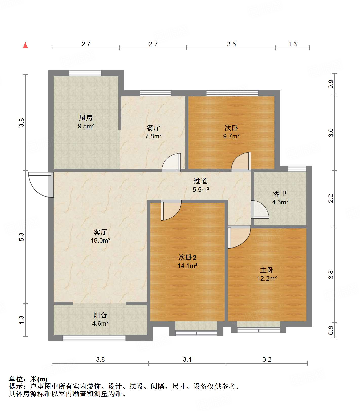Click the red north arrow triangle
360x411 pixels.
click(25, 45)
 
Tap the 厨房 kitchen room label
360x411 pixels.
click(86, 118)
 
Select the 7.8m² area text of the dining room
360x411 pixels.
click(153, 136)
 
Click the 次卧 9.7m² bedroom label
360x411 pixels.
click(231, 128)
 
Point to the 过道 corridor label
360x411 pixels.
click(200, 181)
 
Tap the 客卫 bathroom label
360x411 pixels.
click(280, 194)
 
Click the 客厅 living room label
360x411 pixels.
click(100, 232)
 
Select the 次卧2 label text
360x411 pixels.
click(187, 257)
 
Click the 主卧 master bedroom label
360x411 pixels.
click(267, 270)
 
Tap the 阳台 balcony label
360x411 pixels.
click(100, 315)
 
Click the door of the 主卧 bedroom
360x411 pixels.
click(238, 237)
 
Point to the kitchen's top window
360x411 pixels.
click(85, 73)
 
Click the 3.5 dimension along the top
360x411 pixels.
click(231, 44)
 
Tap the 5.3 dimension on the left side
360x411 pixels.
click(22, 237)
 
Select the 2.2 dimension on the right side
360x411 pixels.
click(331, 198)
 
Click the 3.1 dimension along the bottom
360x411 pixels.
click(187, 359)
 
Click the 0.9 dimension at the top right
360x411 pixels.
click(331, 84)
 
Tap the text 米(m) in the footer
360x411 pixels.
click(39, 379)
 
